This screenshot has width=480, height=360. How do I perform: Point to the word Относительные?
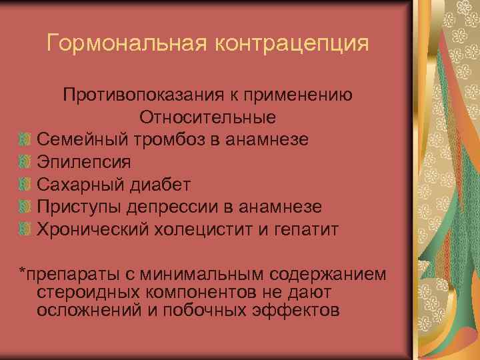(x=208, y=118)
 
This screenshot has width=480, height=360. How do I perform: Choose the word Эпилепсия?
(x=84, y=163)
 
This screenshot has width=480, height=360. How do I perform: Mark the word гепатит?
(x=309, y=230)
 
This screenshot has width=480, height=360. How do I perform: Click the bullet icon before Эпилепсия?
(x=24, y=163)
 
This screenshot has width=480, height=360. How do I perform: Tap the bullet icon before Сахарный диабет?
(x=24, y=185)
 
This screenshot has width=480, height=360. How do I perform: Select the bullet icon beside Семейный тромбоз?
(x=24, y=140)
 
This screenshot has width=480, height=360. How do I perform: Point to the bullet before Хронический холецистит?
(x=24, y=230)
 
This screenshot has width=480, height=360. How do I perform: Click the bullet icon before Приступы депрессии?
(x=24, y=207)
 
